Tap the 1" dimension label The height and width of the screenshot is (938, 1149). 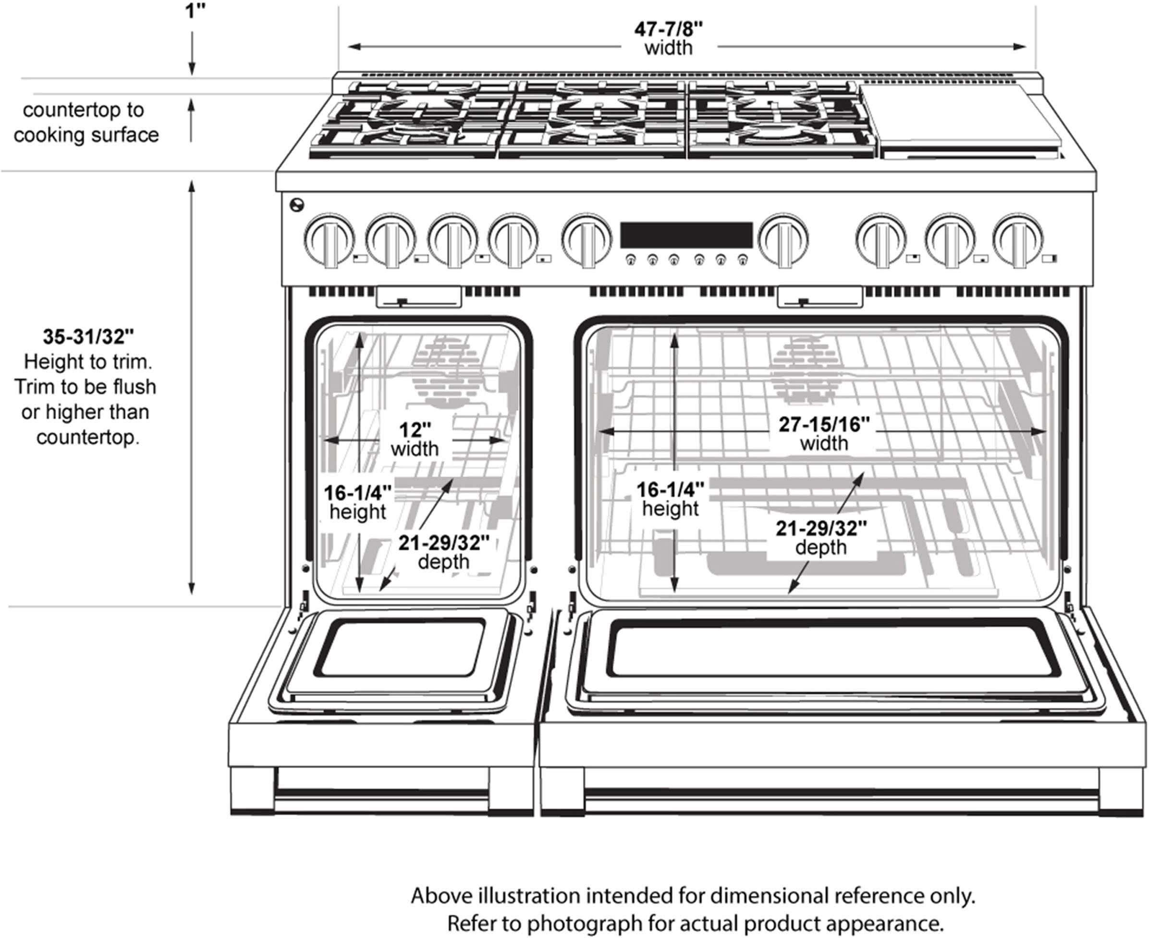(x=195, y=11)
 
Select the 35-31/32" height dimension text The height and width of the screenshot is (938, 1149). (x=88, y=337)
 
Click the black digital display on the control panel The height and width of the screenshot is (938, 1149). (x=686, y=234)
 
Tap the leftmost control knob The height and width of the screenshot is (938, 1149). (x=330, y=241)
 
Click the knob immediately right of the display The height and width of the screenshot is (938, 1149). (x=783, y=241)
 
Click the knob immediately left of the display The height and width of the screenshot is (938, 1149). (x=586, y=241)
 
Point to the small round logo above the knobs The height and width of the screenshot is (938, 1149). (x=296, y=205)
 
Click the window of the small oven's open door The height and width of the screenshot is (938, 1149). (x=399, y=647)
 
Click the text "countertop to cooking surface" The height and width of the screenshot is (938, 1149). (x=86, y=122)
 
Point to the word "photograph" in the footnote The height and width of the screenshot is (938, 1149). (x=584, y=923)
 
